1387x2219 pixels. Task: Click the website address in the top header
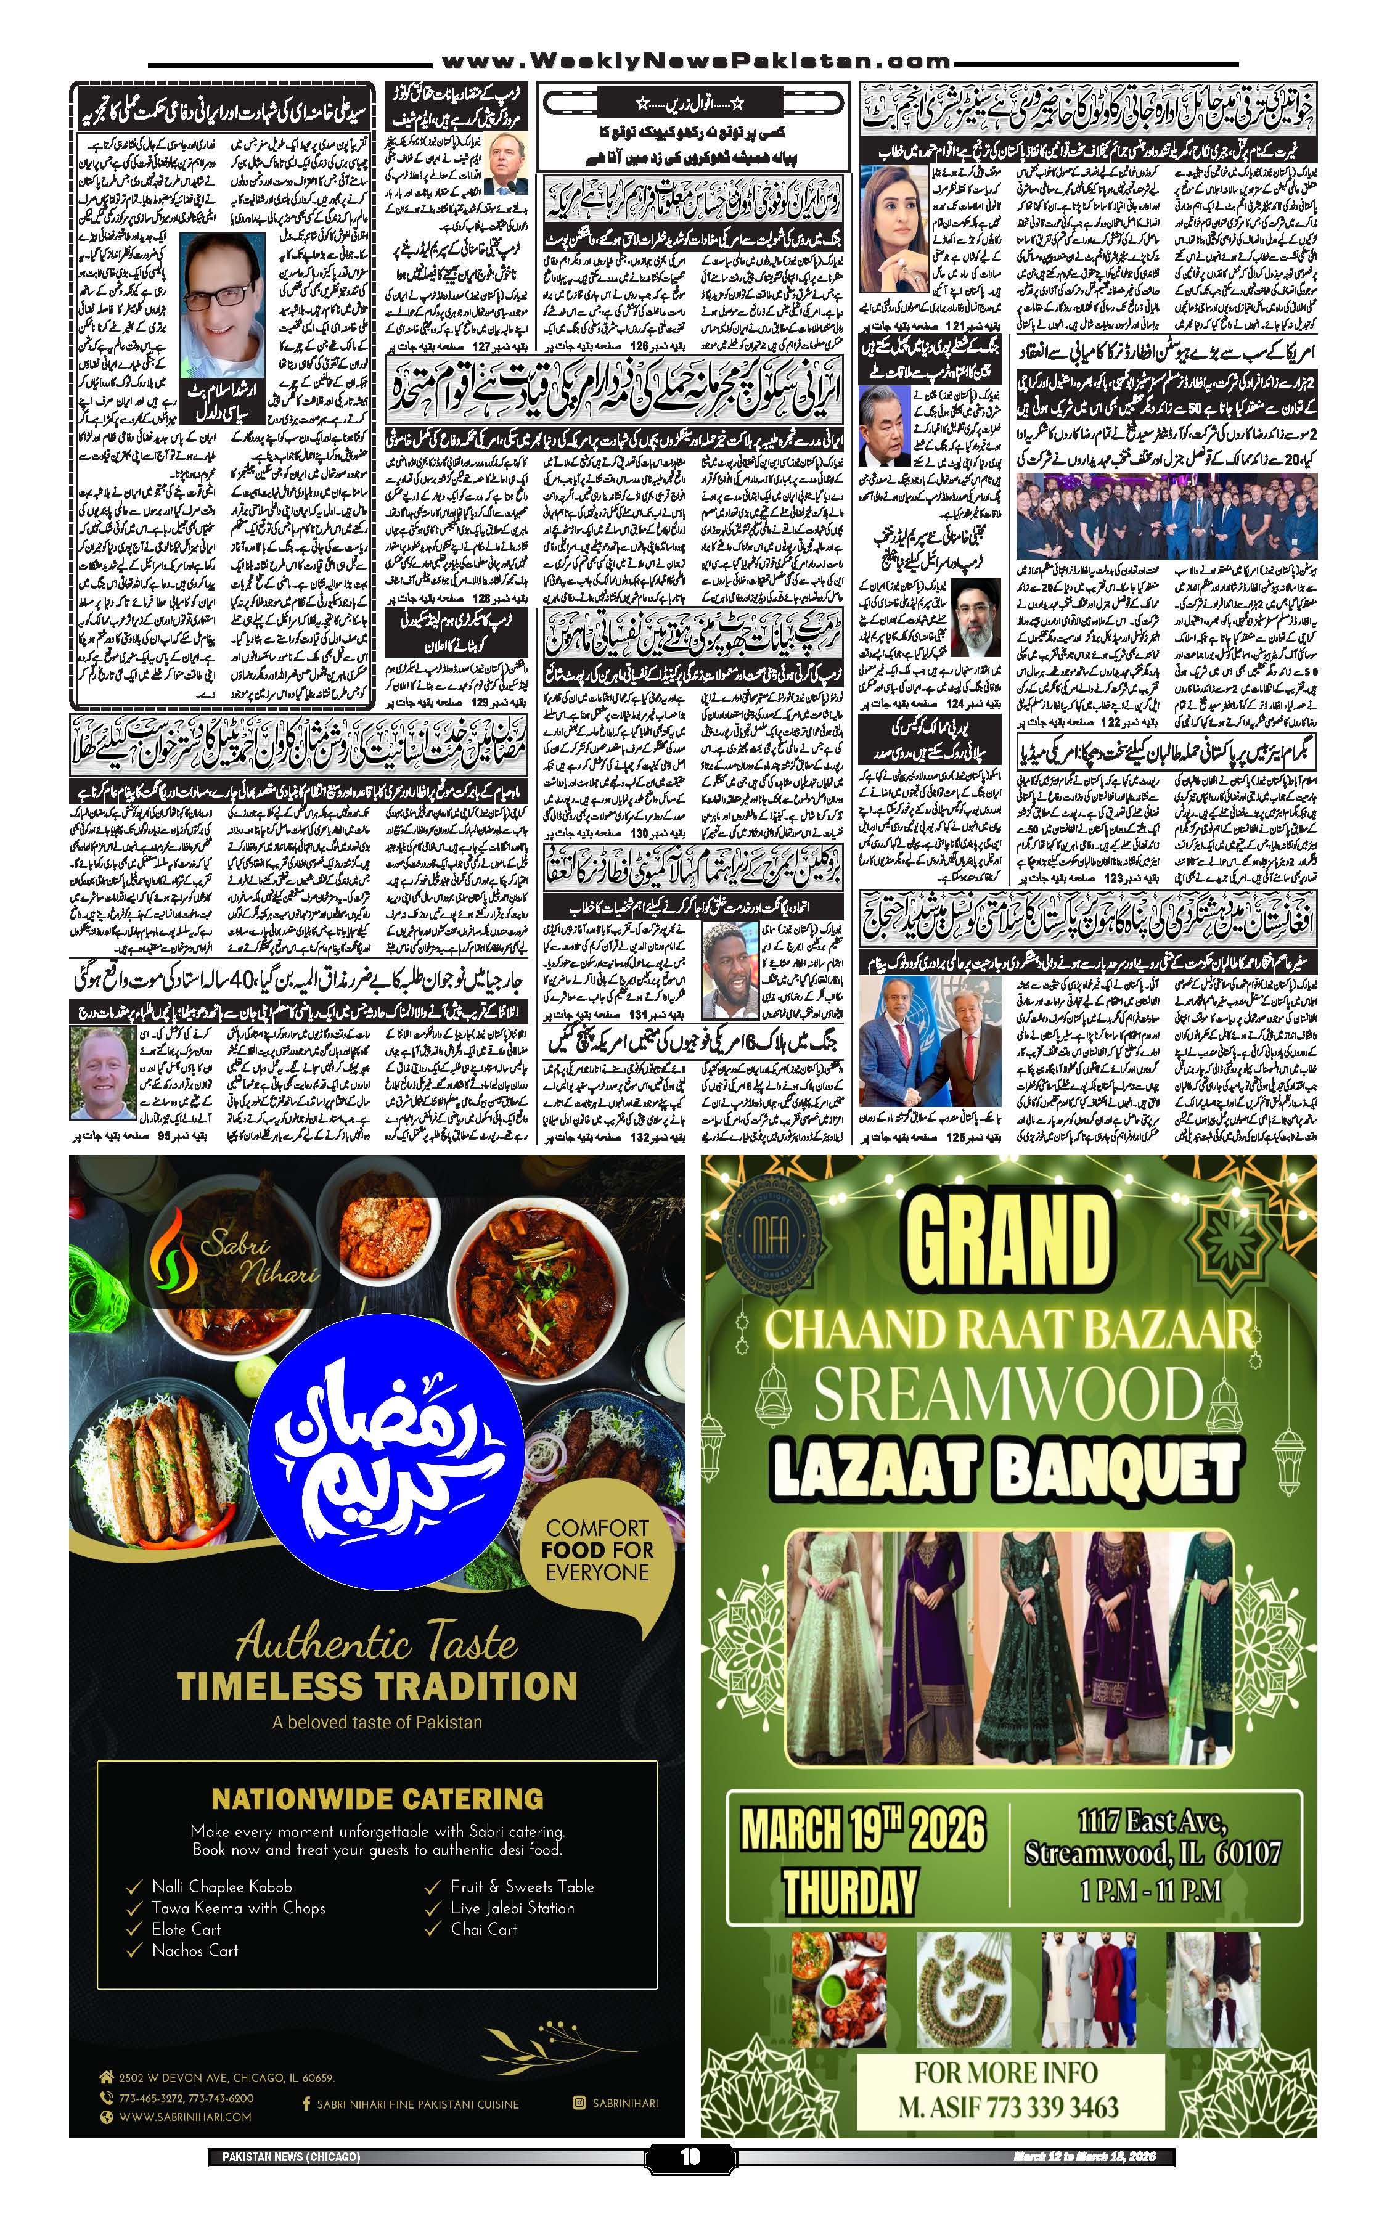coord(694,62)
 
